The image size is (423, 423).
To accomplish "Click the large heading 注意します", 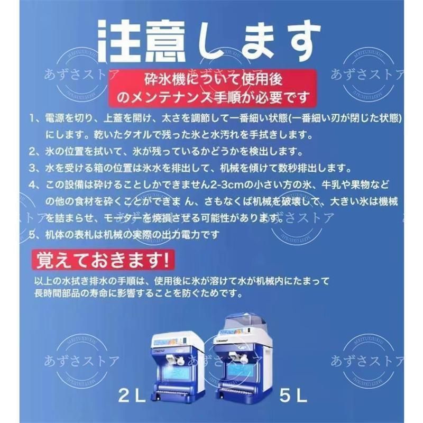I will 212,41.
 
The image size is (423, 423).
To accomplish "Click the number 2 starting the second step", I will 33,152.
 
